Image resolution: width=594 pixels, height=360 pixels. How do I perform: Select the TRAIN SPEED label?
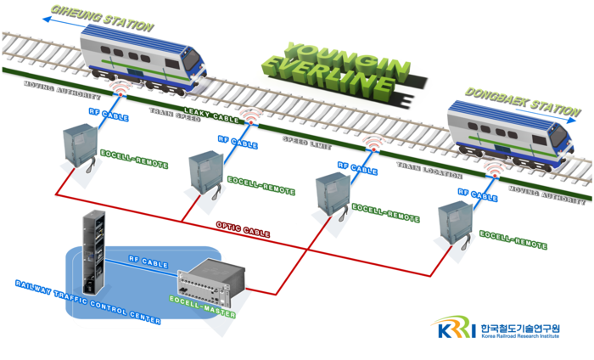pyautogui.click(x=174, y=114)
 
